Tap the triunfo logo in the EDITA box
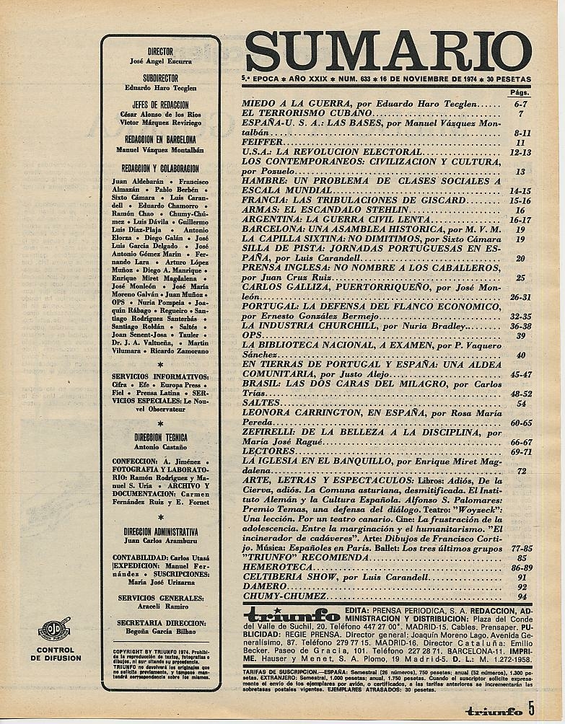click(292, 616)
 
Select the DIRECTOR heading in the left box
click(159, 52)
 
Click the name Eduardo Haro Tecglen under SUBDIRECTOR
click(159, 87)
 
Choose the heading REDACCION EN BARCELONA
click(159, 141)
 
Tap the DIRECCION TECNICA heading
click(160, 438)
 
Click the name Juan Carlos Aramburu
click(159, 538)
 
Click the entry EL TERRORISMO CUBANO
click(307, 114)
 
